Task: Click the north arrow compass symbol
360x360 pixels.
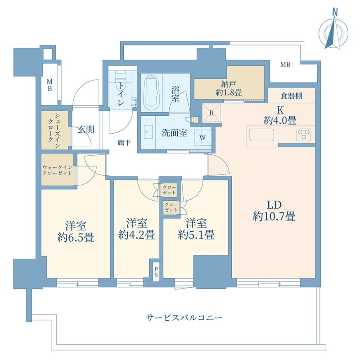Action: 334,32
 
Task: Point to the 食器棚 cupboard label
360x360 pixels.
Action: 291,95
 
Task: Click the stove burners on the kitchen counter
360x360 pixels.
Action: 304,134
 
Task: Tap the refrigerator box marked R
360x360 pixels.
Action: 211,113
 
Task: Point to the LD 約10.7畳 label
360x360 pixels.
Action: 274,210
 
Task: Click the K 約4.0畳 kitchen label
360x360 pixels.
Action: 279,115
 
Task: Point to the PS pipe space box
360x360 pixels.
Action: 156,272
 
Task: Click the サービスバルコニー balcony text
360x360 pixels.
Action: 184,318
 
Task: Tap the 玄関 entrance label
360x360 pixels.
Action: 86,130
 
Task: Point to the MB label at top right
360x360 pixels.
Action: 285,65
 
